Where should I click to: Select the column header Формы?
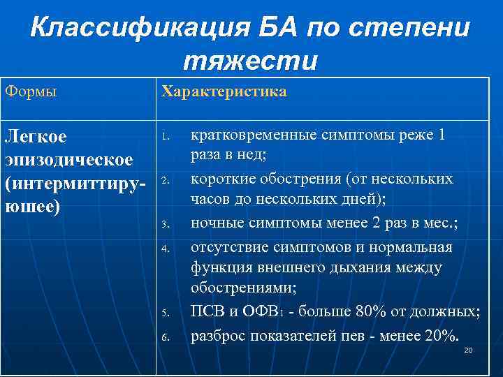pyautogui.click(x=31, y=92)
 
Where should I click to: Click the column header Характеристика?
pyautogui.click(x=224, y=92)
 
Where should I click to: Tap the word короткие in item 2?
pyautogui.click(x=221, y=179)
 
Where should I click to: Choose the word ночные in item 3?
pyautogui.click(x=214, y=224)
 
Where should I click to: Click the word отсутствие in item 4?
pyautogui.click(x=228, y=246)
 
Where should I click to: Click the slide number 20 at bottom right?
pyautogui.click(x=468, y=350)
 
